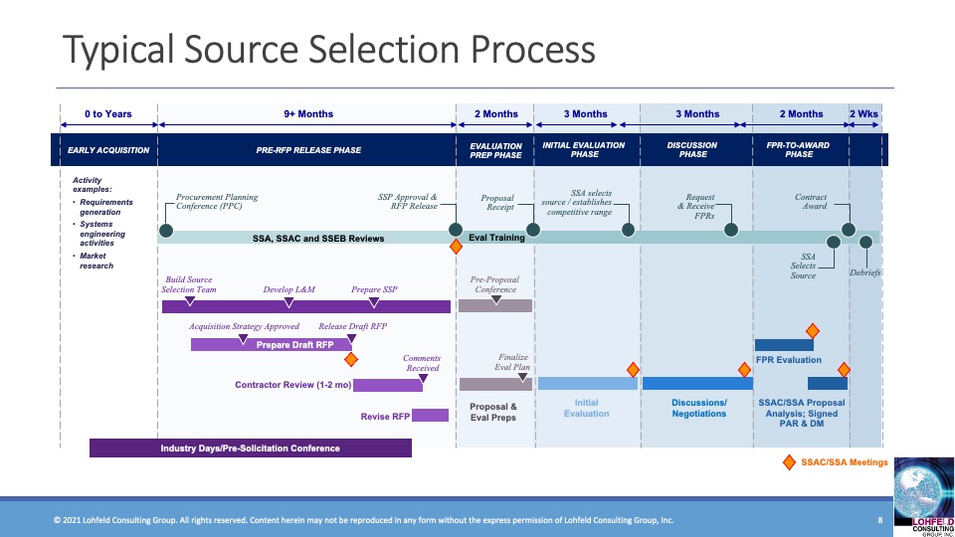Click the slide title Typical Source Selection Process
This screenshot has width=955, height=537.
click(328, 50)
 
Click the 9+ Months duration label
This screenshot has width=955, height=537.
click(308, 114)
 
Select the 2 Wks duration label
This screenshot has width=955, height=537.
click(864, 114)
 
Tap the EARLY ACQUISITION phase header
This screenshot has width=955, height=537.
click(108, 150)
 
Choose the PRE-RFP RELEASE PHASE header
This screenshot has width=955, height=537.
click(308, 150)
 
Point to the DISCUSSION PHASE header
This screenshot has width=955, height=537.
click(692, 150)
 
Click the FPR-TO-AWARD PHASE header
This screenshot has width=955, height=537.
click(799, 150)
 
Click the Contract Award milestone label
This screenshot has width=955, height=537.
click(811, 202)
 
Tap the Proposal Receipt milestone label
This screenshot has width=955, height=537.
click(497, 202)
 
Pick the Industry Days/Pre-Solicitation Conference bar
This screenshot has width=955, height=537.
click(251, 448)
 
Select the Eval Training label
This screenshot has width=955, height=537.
click(496, 238)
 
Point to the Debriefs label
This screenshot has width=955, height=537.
click(864, 272)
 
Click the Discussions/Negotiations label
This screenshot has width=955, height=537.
click(699, 408)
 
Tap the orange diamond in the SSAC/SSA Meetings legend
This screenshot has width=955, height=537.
click(790, 462)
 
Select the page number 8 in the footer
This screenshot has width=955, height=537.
click(880, 520)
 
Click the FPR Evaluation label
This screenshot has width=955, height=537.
click(789, 360)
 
